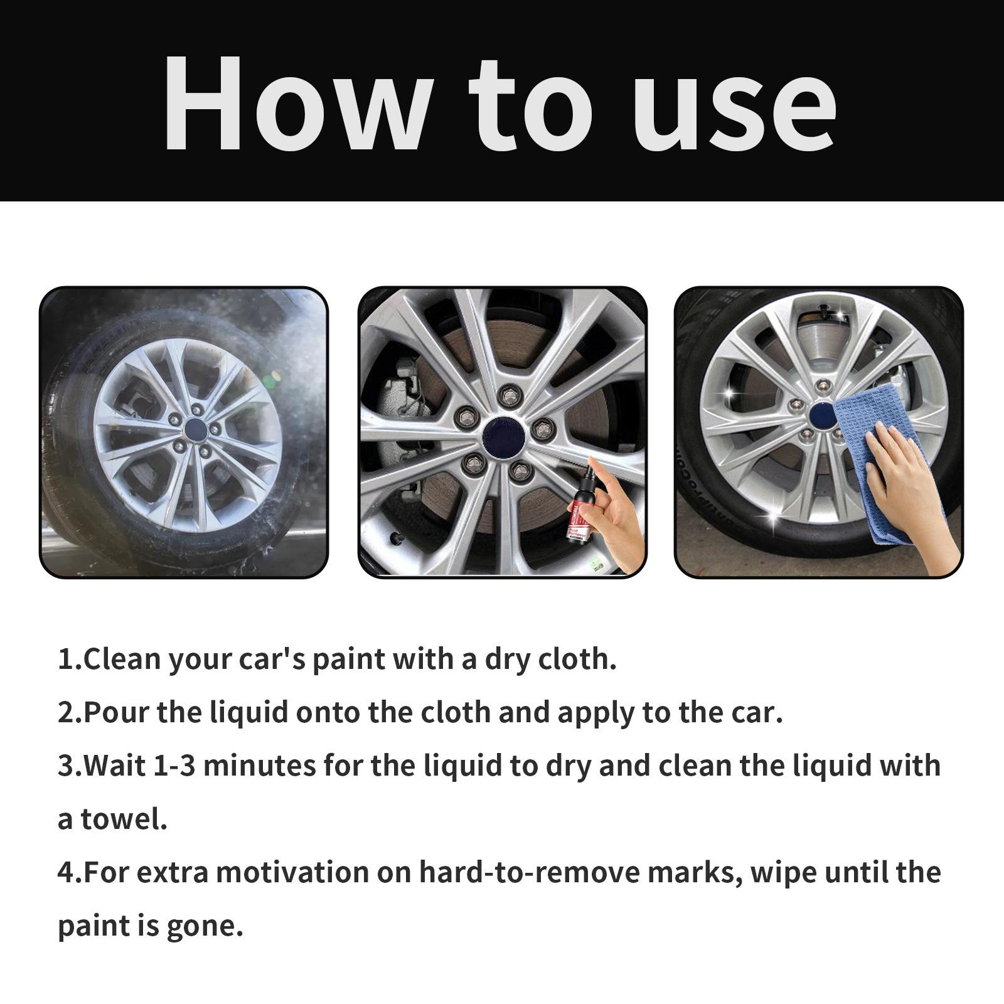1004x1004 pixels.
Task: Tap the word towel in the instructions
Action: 124,820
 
